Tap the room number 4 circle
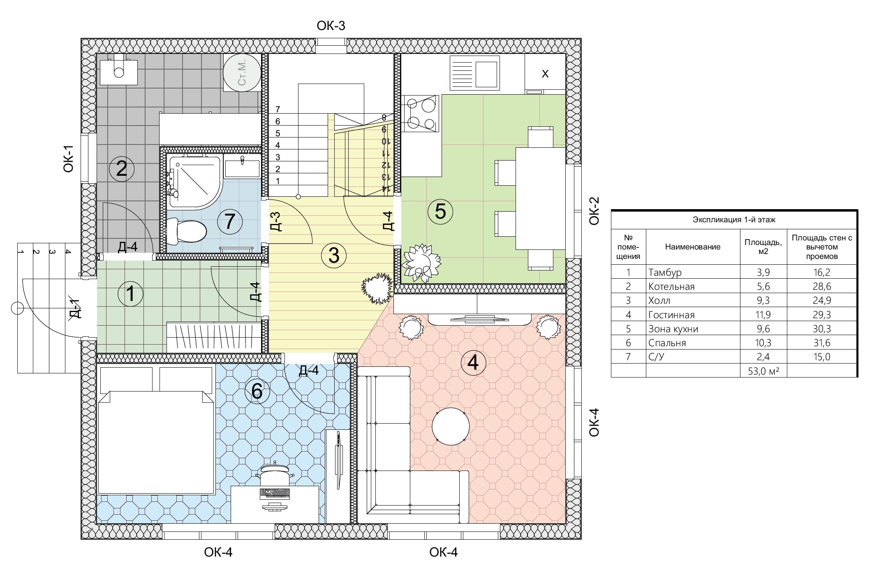tap(473, 363)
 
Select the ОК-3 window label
tap(331, 26)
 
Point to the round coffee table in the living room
tap(451, 427)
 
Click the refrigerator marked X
tap(545, 74)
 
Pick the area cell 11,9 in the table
tap(763, 315)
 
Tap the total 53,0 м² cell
tap(763, 371)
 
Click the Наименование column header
tap(693, 247)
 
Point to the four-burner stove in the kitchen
tap(420, 114)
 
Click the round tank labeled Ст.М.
tap(242, 73)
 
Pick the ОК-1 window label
tap(68, 158)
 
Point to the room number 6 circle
tap(257, 391)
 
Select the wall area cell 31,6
tap(821, 343)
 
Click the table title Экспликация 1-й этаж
tap(734, 220)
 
